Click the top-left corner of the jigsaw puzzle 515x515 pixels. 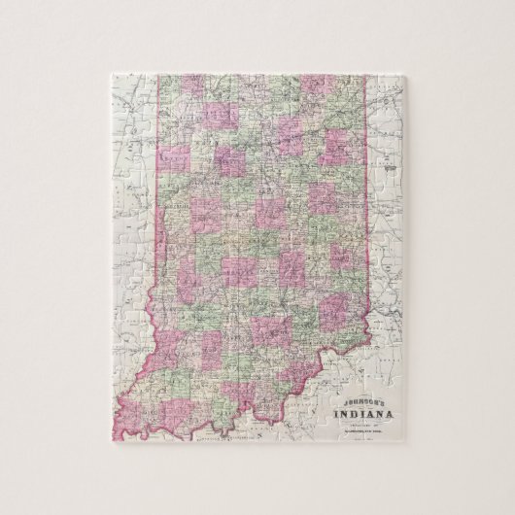click(x=103, y=69)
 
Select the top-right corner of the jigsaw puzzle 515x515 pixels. click(x=412, y=69)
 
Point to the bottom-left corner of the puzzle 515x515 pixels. click(x=103, y=449)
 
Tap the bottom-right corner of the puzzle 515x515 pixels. click(x=412, y=449)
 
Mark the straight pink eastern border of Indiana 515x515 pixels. click(x=367, y=194)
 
